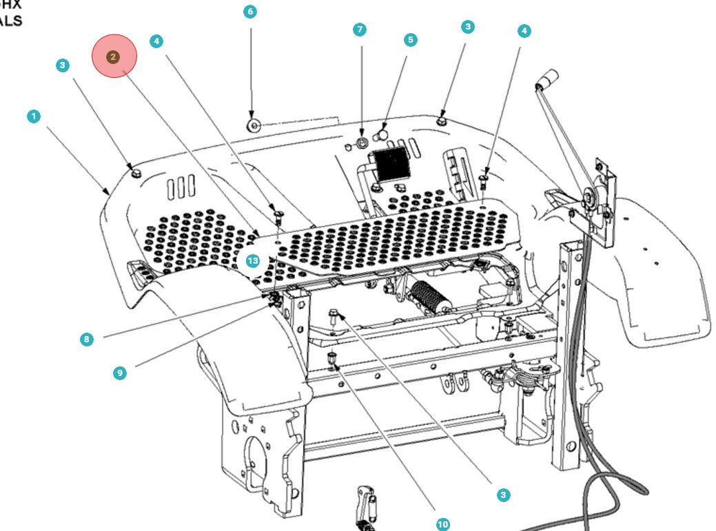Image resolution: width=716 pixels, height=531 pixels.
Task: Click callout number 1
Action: pos(34,116)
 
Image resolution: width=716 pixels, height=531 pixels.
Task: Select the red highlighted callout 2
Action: pos(114,56)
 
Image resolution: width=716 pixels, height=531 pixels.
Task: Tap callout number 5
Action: pos(411,40)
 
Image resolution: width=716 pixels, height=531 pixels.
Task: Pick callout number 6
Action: pos(250,12)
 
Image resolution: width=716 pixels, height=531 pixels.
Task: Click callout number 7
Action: pos(359,30)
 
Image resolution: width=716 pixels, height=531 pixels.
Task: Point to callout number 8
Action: pos(86,339)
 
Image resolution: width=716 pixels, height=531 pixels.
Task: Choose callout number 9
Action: pos(120,373)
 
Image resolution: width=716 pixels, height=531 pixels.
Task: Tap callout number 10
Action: pos(443,524)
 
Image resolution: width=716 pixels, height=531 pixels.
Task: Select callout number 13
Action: pos(252,261)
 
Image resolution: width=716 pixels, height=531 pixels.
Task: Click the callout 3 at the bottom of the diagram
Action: pos(504,494)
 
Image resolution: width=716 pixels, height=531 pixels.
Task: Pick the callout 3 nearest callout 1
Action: pos(63,65)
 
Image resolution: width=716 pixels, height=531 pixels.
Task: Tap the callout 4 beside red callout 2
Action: pos(157,41)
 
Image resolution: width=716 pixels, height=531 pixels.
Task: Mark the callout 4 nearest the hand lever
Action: pos(524,31)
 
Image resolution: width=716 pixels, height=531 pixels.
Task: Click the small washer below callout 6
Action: pos(253,125)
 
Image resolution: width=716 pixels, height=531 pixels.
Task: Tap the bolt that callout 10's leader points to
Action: pos(334,359)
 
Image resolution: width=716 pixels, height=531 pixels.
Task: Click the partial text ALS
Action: pos(10,21)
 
